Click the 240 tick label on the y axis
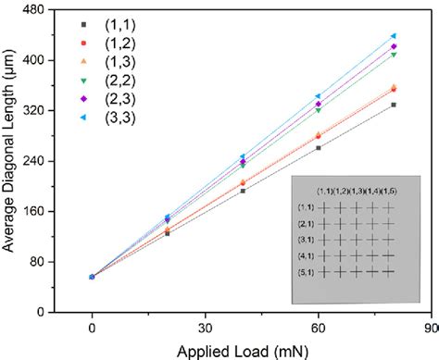click(37, 160)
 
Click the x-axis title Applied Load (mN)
click(243, 350)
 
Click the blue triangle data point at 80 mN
click(393, 36)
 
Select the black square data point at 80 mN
click(393, 105)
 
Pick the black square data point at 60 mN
click(318, 147)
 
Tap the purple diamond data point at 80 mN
click(393, 46)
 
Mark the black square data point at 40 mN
click(243, 190)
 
